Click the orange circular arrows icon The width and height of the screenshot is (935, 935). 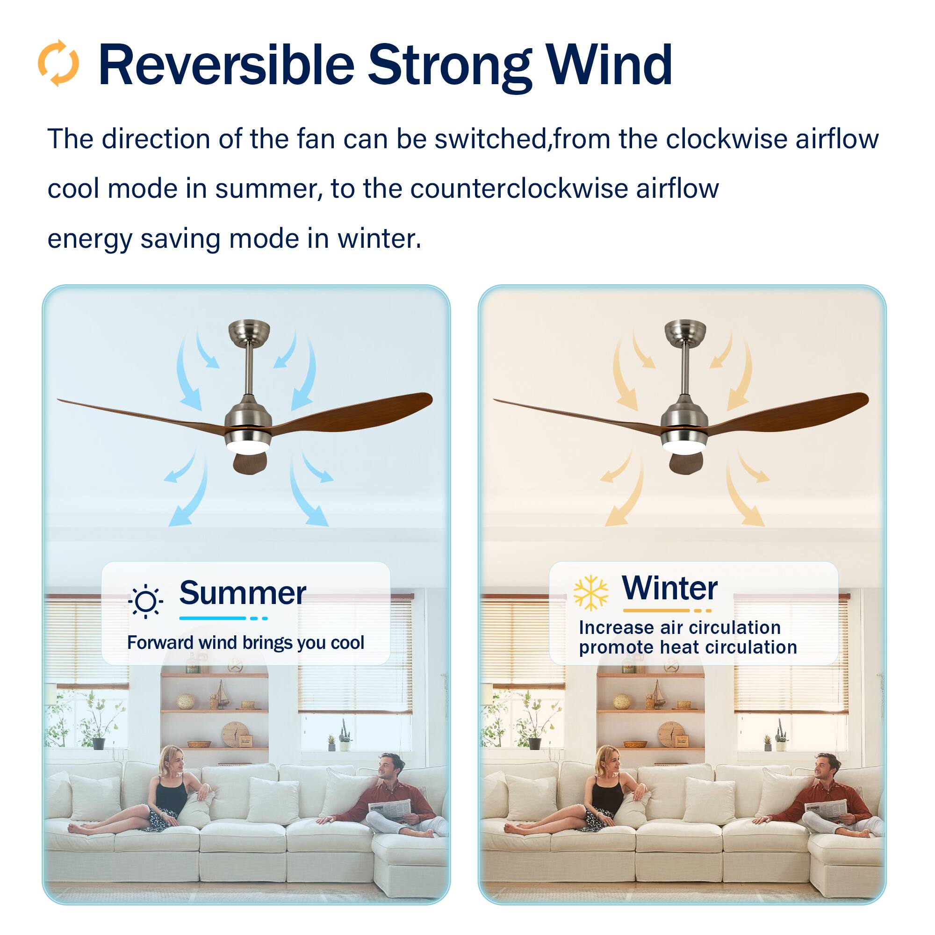coord(58,64)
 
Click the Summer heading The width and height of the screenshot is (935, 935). coord(243,593)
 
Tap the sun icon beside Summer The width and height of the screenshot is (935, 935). coord(146,602)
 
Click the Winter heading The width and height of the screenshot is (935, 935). coord(669,588)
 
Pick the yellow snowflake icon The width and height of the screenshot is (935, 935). coord(590,593)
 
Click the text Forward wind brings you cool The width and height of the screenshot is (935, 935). coord(245,643)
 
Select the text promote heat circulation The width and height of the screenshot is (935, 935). coord(688,647)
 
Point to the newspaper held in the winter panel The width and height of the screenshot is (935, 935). coord(826,808)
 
